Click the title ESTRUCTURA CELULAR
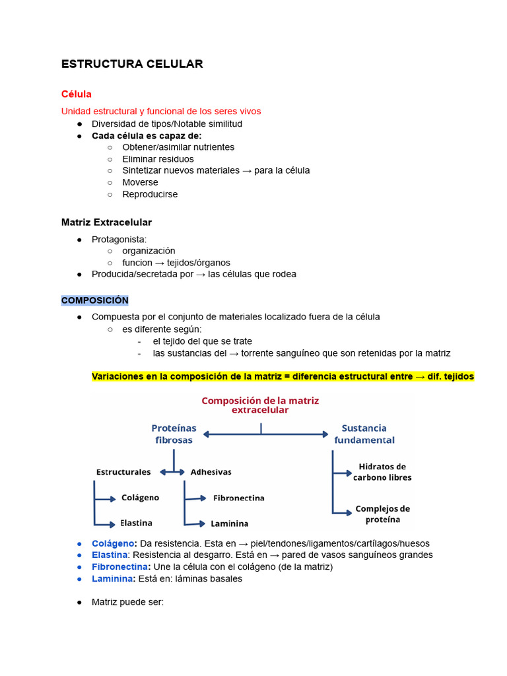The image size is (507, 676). (x=132, y=64)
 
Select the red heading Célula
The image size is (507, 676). (x=76, y=94)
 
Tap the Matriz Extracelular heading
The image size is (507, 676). (x=106, y=222)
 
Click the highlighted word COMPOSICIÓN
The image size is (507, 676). (x=94, y=300)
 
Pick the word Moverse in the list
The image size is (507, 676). (x=140, y=182)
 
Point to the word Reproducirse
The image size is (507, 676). (x=150, y=194)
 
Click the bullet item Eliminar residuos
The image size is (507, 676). (x=158, y=159)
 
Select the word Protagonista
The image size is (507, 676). (x=119, y=239)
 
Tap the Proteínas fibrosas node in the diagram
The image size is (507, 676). (x=174, y=434)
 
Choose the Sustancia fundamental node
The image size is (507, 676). (x=364, y=434)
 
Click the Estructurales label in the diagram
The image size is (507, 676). (x=123, y=472)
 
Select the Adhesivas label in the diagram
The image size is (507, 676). (x=211, y=472)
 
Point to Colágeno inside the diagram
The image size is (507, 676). (x=140, y=498)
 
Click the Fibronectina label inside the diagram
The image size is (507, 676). (x=238, y=498)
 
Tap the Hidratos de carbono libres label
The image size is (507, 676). (x=382, y=472)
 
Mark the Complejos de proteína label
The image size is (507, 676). (x=382, y=514)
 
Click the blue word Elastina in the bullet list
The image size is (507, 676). (x=109, y=555)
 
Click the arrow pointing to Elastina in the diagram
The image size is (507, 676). (x=106, y=524)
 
